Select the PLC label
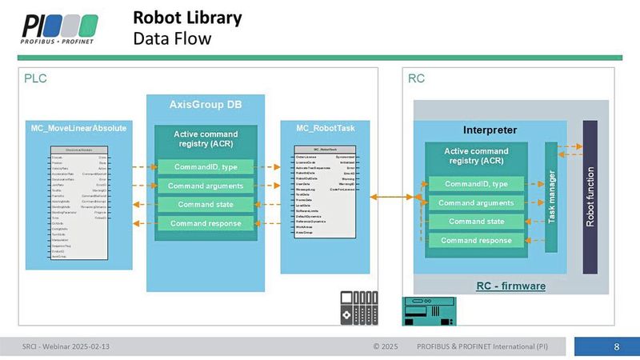click(37, 78)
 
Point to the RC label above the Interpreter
click(417, 78)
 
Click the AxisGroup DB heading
click(206, 104)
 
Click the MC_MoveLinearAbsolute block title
click(78, 128)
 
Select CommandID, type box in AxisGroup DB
click(205, 166)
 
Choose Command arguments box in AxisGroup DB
click(205, 186)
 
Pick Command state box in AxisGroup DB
click(205, 204)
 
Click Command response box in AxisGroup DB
click(205, 222)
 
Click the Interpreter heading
click(490, 130)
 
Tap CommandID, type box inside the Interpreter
click(478, 184)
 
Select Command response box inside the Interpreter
click(478, 240)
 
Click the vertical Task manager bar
click(550, 196)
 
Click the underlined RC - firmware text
click(511, 285)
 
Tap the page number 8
click(616, 347)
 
